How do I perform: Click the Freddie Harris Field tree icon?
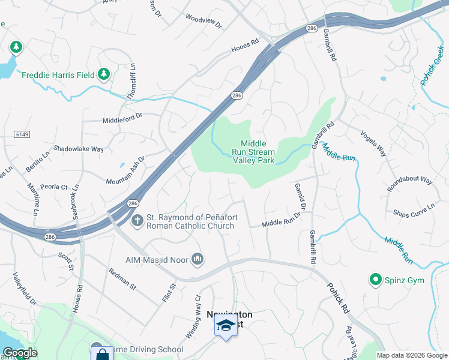(104, 74)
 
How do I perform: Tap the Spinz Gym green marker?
(376, 280)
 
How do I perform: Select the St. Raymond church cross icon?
(137, 221)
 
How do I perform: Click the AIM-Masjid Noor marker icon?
(198, 259)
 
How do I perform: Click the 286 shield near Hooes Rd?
(237, 95)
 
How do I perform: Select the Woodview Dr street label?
(203, 22)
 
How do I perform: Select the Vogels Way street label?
(373, 144)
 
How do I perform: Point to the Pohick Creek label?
(433, 67)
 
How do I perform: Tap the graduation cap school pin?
(226, 327)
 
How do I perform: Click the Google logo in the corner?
(19, 353)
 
